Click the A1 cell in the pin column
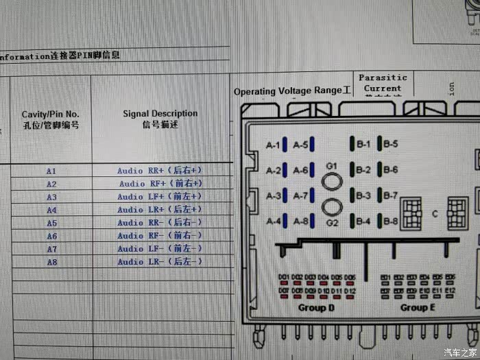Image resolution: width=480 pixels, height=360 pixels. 51,171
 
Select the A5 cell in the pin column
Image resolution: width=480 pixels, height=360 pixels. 51,223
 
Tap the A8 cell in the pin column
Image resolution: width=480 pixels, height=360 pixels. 51,262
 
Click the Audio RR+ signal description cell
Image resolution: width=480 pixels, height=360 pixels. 160,170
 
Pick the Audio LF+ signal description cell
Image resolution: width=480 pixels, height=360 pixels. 160,197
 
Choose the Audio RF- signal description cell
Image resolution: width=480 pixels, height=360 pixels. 160,236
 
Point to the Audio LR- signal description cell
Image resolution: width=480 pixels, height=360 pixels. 160,262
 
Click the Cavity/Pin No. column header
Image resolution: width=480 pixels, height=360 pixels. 51,119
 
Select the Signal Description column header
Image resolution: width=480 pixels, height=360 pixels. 160,119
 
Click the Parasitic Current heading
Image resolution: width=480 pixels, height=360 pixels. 383,83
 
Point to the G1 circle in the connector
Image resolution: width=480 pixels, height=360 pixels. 333,180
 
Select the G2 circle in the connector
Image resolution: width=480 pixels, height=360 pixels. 333,207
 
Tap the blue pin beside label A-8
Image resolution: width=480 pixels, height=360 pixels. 312,221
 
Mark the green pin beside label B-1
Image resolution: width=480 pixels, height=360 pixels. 352,145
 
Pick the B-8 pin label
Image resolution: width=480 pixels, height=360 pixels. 391,221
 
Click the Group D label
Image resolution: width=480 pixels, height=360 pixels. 316,308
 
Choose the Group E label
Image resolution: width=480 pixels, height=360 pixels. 418,308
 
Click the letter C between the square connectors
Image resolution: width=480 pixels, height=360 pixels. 434,213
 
